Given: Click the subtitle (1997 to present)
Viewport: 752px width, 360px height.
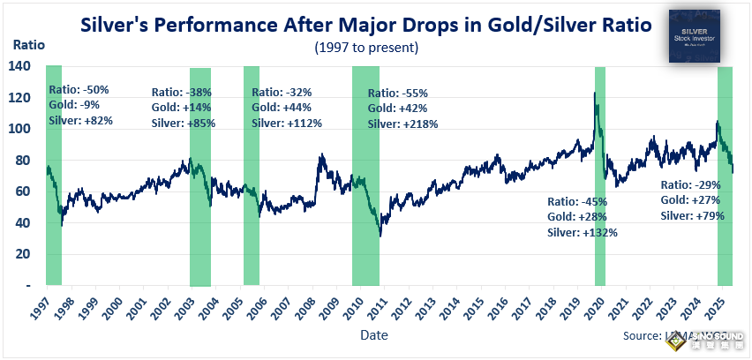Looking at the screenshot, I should coord(366,47).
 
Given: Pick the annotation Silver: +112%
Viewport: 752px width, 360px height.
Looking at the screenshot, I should coord(287,124).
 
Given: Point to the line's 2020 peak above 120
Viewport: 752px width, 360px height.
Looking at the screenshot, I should coord(594,94).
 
